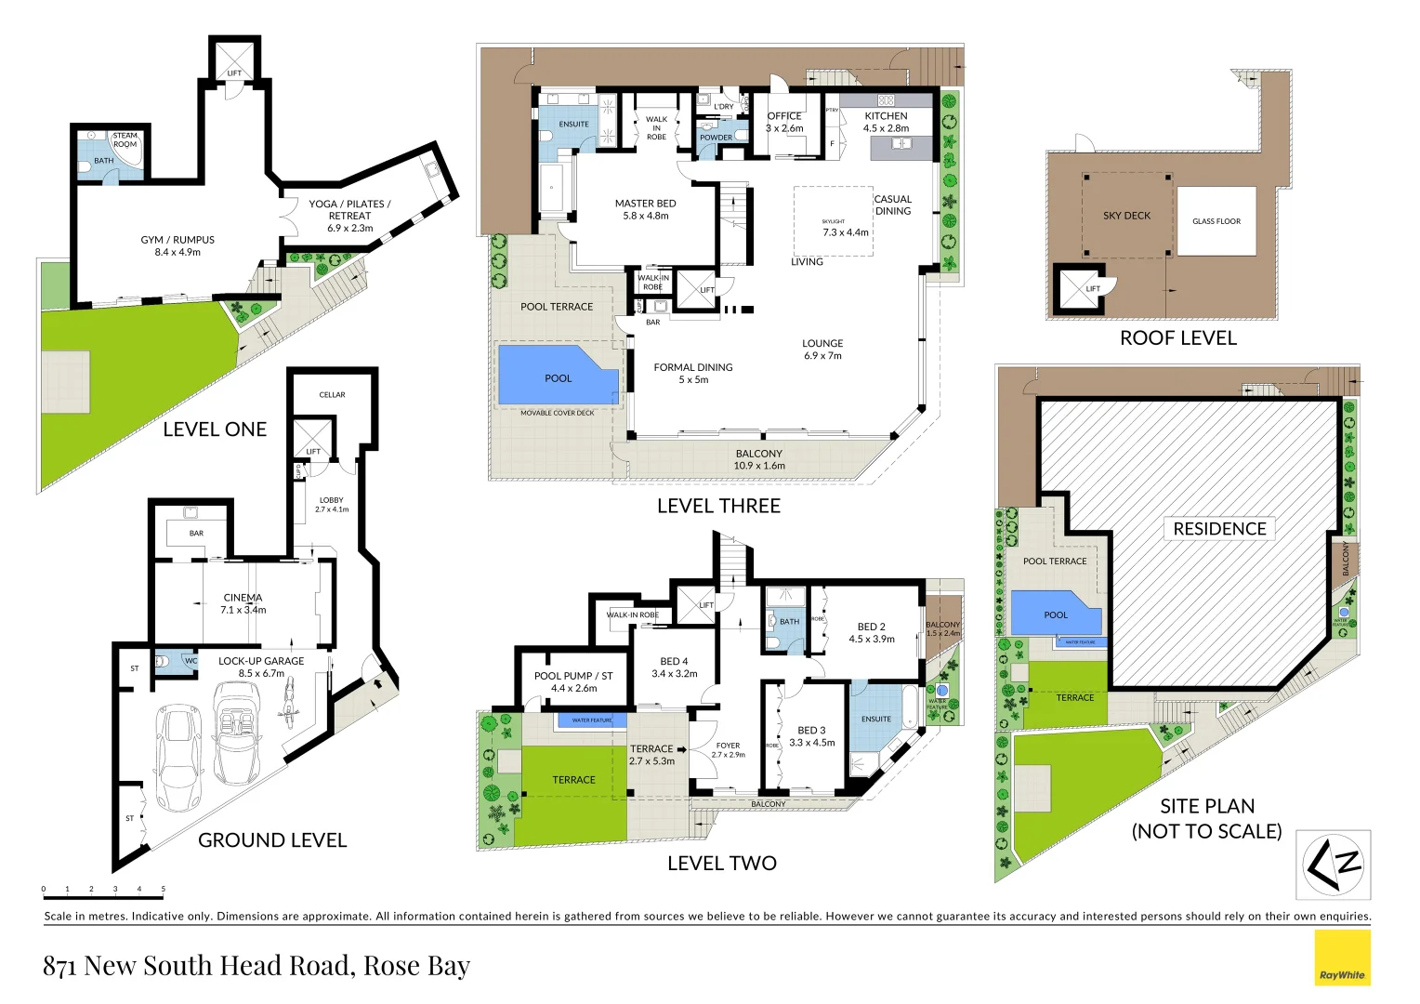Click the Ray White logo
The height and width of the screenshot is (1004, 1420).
[x=1342, y=958]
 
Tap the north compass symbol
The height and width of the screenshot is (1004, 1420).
[x=1334, y=865]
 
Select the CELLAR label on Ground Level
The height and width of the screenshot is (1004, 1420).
[x=332, y=395]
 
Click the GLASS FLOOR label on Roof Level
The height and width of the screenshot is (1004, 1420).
[x=1216, y=221]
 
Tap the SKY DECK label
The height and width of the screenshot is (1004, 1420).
[x=1126, y=216]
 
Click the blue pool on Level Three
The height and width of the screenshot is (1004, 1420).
[x=558, y=376]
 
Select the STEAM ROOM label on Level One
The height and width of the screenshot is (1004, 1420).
[x=125, y=140]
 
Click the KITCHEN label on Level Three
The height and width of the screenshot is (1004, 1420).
[x=886, y=116]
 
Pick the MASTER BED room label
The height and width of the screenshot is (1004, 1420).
[x=645, y=204]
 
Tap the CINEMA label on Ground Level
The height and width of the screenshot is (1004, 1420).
[x=243, y=598]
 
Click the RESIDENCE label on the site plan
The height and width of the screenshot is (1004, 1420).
[x=1219, y=529]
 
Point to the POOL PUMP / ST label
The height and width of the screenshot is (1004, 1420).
[x=573, y=676]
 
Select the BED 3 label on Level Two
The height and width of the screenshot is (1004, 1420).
[x=811, y=731]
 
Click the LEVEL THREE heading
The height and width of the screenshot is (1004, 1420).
[x=718, y=506]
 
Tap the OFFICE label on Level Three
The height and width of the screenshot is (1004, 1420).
[x=784, y=116]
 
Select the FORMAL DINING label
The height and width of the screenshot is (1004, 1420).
[x=692, y=367]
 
